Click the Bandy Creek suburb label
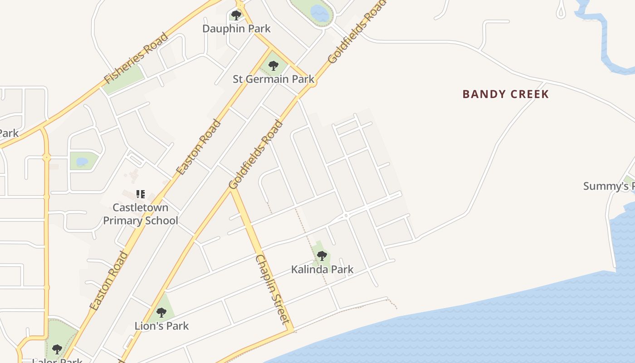coord(505,94)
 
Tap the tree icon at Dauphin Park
coord(236,15)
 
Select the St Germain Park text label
coord(274,79)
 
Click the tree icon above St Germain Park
coord(273,66)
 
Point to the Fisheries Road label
coord(136,58)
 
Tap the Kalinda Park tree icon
coord(322,256)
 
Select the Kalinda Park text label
coord(322,270)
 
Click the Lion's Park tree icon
coord(161,313)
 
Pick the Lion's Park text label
coord(161,326)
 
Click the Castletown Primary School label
coord(141,214)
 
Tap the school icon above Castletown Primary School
coord(141,194)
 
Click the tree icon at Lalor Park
coord(57,349)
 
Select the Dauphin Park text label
coord(236,29)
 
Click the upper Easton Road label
coord(199,147)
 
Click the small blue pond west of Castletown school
coord(82,162)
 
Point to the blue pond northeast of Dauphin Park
coord(320,13)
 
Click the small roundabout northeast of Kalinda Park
coord(346,216)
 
